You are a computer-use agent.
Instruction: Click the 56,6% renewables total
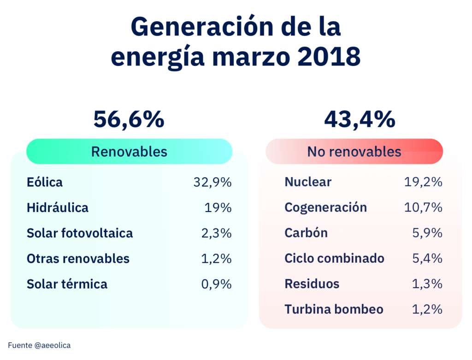(129, 119)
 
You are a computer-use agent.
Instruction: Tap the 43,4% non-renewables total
(360, 119)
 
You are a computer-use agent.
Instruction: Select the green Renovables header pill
(129, 152)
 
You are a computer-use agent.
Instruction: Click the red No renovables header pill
(354, 152)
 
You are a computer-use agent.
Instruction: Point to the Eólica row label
(45, 182)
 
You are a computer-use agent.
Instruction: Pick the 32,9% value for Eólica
(212, 182)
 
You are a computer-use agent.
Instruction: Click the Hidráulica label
(58, 207)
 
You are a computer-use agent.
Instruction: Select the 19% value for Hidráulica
(218, 207)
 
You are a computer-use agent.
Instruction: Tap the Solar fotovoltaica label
(80, 233)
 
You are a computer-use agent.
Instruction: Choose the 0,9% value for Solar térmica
(216, 283)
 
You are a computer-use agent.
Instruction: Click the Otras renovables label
(78, 258)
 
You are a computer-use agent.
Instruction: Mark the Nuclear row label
(308, 182)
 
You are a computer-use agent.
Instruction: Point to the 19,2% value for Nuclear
(424, 182)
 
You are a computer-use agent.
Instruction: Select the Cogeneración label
(326, 207)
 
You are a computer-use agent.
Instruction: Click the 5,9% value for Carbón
(427, 233)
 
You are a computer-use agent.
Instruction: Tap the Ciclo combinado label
(334, 258)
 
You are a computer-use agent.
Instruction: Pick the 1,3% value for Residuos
(427, 283)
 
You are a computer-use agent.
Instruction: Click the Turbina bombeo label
(334, 309)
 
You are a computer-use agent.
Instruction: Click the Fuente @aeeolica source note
(39, 345)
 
